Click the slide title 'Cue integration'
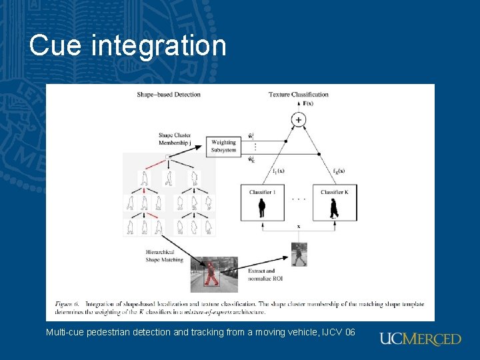point(128,45)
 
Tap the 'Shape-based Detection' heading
point(169,95)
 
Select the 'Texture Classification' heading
point(299,95)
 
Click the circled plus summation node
point(298,120)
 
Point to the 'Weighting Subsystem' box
point(224,146)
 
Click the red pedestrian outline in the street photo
point(211,274)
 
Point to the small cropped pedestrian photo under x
point(299,254)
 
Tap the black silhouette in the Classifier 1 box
point(261,209)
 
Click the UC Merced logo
point(420,339)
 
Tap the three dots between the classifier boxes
point(299,199)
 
